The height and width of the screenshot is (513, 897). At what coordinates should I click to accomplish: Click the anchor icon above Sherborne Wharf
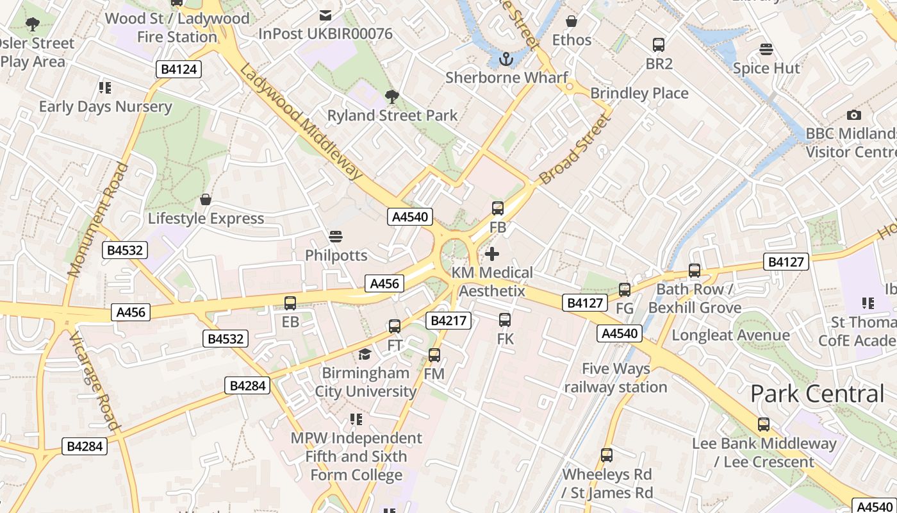(506, 59)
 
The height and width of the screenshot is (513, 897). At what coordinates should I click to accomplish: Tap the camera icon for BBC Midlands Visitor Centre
(853, 115)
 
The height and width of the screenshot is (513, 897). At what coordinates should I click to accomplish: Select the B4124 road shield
(179, 69)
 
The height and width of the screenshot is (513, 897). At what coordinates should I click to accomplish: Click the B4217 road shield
(448, 321)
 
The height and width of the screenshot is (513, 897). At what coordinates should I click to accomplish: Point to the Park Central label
(817, 394)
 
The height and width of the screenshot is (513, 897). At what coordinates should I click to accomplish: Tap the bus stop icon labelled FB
(498, 208)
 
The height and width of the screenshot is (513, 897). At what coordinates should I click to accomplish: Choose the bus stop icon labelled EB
(290, 303)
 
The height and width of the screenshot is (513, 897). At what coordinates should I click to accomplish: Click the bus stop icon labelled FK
(505, 320)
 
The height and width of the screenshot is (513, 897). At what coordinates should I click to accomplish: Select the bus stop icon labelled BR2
(659, 45)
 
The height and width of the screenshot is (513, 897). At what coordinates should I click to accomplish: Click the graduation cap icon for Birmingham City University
(365, 355)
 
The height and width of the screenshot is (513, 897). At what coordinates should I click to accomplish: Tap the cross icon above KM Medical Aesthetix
(491, 254)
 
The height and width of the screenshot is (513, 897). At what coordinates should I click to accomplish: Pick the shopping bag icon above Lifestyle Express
(205, 199)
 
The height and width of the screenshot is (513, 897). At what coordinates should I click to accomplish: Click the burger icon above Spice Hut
(766, 49)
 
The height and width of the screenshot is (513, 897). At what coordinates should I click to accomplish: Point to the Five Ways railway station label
(616, 378)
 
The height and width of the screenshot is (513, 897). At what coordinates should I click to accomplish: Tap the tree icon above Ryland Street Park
(391, 97)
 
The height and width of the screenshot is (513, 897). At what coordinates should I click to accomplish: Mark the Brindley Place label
(639, 93)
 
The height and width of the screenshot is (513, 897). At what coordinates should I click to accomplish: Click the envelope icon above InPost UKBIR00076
(325, 15)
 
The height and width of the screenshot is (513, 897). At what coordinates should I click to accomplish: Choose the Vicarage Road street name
(95, 382)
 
